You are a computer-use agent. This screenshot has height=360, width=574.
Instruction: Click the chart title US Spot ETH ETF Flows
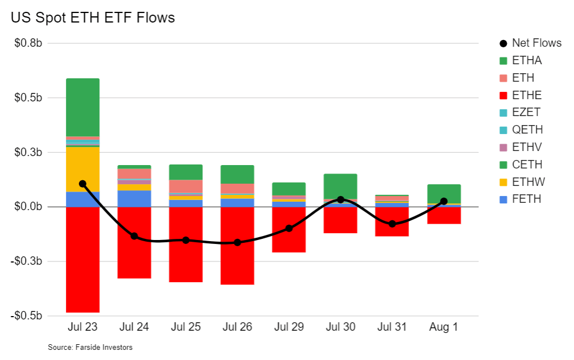93,18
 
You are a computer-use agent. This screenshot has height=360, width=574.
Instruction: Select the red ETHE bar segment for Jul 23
82,259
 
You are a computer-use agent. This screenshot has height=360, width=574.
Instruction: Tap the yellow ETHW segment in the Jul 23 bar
82,168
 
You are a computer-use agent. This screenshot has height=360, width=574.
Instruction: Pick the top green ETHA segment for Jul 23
82,107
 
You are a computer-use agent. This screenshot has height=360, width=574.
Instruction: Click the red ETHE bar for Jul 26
237,246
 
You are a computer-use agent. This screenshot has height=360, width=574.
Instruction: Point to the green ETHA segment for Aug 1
444,193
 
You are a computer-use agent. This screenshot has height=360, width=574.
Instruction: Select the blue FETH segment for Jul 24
134,198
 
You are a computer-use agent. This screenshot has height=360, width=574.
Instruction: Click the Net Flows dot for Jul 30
341,199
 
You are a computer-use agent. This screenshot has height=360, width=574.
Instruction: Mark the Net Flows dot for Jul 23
82,184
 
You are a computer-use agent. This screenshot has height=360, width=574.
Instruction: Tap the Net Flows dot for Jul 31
392,224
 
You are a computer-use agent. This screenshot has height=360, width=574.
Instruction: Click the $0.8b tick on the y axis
29,43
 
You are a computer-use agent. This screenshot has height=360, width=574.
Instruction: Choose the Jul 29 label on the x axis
289,328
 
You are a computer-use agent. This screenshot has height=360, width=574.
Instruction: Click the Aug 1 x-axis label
444,328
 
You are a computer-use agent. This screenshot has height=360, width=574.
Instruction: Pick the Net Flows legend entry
536,43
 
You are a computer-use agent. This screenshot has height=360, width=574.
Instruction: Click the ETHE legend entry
527,95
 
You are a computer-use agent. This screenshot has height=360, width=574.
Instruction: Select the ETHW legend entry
528,182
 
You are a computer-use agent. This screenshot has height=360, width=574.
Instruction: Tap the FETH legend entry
527,199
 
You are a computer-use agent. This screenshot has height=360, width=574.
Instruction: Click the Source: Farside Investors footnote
90,348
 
